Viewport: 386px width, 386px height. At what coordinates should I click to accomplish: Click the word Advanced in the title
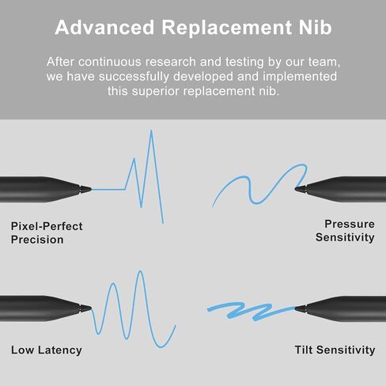[104, 27]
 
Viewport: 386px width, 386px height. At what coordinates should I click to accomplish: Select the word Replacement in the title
[227, 27]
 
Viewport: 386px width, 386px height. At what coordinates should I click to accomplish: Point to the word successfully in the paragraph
[134, 77]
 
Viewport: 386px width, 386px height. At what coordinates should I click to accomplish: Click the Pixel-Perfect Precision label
[47, 233]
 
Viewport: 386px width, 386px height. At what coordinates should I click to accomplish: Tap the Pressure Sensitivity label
[345, 231]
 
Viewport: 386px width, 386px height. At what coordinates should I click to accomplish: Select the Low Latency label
[47, 350]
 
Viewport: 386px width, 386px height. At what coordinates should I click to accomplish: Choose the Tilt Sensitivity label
[335, 350]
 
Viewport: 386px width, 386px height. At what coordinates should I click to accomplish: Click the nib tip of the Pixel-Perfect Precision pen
[91, 189]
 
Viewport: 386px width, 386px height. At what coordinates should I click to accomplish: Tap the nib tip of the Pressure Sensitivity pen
[295, 188]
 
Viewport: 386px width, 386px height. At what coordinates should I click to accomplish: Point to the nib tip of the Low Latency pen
[91, 308]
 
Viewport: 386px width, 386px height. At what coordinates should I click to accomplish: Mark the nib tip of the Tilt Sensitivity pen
[295, 308]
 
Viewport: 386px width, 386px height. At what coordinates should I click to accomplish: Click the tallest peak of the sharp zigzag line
[151, 131]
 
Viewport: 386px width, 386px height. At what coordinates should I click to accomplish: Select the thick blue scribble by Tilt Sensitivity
[251, 311]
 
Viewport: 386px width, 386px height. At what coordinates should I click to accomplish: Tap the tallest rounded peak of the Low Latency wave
[140, 271]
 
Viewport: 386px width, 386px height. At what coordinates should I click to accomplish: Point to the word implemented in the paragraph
[300, 77]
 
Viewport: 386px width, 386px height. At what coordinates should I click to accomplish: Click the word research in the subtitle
[170, 62]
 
